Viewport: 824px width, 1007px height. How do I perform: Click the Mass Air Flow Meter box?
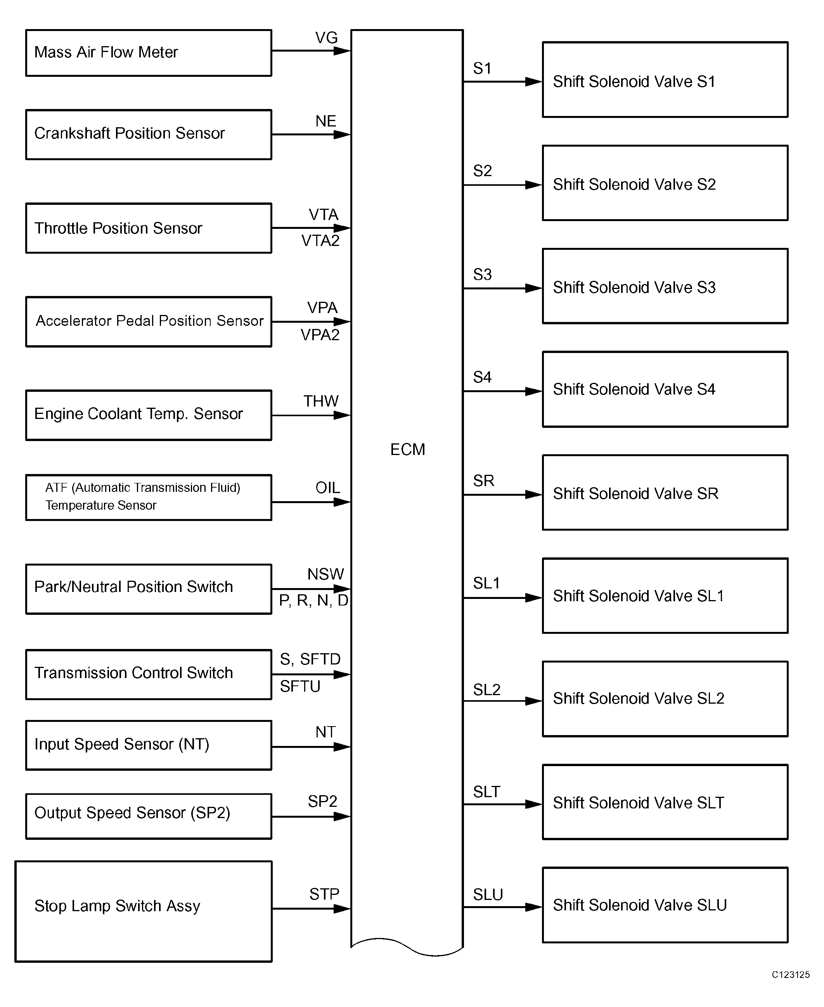pyautogui.click(x=149, y=53)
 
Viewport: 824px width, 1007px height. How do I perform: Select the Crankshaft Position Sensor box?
pyautogui.click(x=149, y=135)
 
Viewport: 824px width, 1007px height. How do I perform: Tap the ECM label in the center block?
pyautogui.click(x=407, y=450)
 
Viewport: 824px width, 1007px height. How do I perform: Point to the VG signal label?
pyautogui.click(x=327, y=38)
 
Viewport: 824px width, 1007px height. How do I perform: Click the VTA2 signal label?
pyautogui.click(x=320, y=241)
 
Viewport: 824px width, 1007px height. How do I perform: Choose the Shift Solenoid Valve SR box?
pyautogui.click(x=665, y=493)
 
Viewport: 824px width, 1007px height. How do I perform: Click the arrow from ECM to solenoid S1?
pyautogui.click(x=503, y=81)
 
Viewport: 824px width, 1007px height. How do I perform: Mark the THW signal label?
pyautogui.click(x=321, y=401)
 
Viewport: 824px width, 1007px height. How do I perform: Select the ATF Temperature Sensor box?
pyautogui.click(x=149, y=497)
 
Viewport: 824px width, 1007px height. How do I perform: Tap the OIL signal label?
pyautogui.click(x=327, y=488)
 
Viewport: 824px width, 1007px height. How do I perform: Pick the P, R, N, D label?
pyautogui.click(x=314, y=601)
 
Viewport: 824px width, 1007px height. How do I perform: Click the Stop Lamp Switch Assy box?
pyautogui.click(x=143, y=912)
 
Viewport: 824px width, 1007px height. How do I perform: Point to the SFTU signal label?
pyautogui.click(x=300, y=687)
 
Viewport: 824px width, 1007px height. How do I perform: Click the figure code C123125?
pyautogui.click(x=791, y=975)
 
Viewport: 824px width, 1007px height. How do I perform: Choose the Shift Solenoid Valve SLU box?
pyautogui.click(x=665, y=905)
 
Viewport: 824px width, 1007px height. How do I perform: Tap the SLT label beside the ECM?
pyautogui.click(x=486, y=792)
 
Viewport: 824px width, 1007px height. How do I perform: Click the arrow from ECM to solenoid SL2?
pyautogui.click(x=503, y=701)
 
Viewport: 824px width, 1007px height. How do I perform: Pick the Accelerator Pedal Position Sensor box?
pyautogui.click(x=149, y=322)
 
